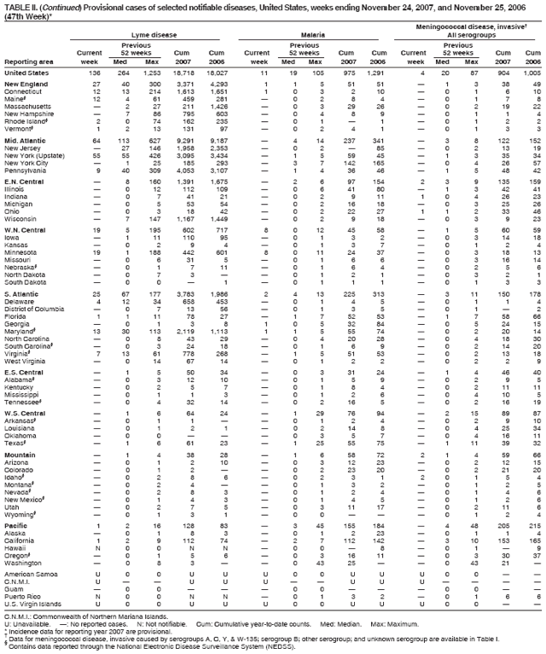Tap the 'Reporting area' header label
click(x=26, y=62)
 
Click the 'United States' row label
click(x=26, y=74)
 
